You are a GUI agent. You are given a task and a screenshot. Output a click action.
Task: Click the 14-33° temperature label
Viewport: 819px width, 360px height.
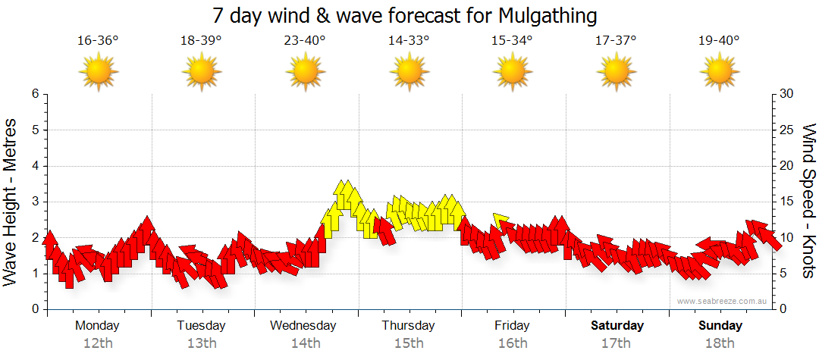click(x=409, y=41)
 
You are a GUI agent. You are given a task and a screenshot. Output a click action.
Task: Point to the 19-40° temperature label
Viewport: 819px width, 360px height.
click(x=719, y=41)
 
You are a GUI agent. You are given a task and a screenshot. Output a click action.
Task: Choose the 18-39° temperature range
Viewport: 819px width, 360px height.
click(x=201, y=41)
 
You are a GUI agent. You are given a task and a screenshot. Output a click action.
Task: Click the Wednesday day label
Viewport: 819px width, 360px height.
click(x=303, y=326)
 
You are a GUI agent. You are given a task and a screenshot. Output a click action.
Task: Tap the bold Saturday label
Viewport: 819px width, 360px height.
click(x=617, y=326)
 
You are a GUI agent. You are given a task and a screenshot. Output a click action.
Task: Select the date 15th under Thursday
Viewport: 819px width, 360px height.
click(x=409, y=343)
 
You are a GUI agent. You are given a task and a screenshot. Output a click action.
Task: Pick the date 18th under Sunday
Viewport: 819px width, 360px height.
click(x=720, y=343)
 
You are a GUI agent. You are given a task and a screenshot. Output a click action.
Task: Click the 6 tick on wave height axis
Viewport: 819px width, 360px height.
click(x=35, y=94)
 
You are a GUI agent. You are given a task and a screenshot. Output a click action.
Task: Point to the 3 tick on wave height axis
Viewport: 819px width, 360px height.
click(x=35, y=202)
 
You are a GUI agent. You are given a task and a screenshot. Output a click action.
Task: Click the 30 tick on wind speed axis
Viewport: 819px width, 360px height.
click(x=787, y=94)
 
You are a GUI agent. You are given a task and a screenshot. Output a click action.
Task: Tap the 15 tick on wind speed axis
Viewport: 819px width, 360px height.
click(x=787, y=202)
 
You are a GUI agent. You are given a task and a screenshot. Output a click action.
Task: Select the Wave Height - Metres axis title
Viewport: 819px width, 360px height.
click(x=11, y=202)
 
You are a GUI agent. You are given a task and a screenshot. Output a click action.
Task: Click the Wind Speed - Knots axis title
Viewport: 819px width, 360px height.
click(x=808, y=202)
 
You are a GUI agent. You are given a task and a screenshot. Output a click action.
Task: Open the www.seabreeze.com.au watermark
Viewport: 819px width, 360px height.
click(x=723, y=302)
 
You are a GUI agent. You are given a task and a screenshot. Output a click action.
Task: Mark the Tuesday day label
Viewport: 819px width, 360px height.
click(x=201, y=326)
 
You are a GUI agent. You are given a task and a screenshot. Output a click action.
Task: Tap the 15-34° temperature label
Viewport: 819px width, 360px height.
click(x=512, y=41)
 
